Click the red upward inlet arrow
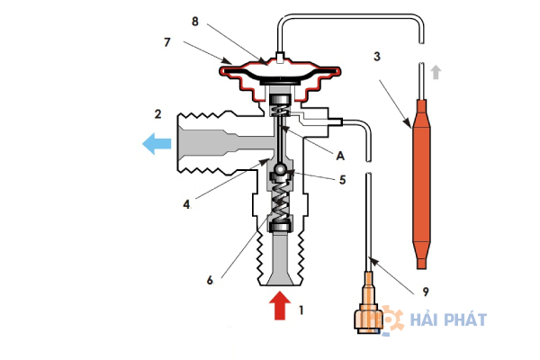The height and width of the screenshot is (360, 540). pos(280,306)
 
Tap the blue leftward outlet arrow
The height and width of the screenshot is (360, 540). pos(157,144)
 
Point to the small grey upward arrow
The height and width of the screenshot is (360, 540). pos(436,72)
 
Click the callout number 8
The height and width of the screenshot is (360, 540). pos(195,22)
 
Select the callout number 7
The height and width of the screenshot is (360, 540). pos(167,42)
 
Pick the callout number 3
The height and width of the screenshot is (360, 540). pos(377,56)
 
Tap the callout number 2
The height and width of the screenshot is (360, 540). pos(157,114)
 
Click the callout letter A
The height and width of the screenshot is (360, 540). pos(340,156)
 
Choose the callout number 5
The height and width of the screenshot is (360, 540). pos(342,179)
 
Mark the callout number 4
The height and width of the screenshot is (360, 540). pos(186,204)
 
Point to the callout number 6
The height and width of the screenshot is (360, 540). pos(210,281)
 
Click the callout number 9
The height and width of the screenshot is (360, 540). pos(426,292)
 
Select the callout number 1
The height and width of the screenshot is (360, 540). pos(301,310)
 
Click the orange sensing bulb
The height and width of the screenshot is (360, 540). pos(421,184)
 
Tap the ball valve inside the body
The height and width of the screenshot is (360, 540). pos(279,169)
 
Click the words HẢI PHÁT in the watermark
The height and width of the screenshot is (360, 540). pos(448,319)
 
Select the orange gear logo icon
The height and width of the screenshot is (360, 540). pos(391,319)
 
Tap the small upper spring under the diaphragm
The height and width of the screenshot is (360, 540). pos(281,111)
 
